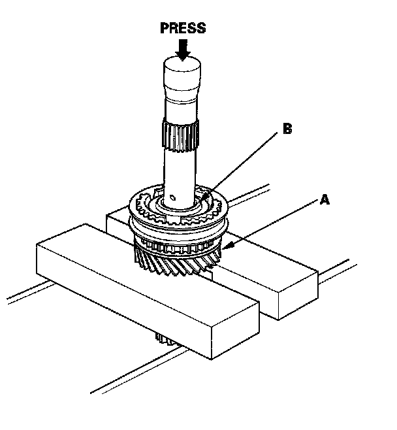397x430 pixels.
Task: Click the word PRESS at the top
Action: point(183,28)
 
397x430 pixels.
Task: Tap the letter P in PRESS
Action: point(163,28)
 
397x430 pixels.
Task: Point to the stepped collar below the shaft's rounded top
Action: point(182,95)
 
